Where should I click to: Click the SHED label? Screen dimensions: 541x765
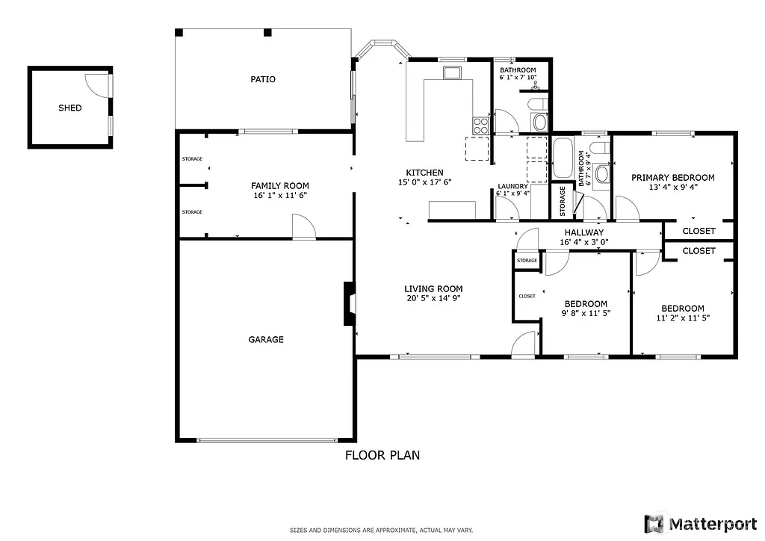click(x=69, y=108)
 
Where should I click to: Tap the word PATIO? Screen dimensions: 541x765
click(x=262, y=79)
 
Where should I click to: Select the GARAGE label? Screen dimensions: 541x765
click(x=266, y=339)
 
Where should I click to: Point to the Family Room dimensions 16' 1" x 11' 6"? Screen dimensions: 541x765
click(x=279, y=195)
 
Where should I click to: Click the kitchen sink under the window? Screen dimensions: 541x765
click(x=452, y=72)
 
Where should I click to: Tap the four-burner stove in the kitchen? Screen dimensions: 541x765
click(x=480, y=125)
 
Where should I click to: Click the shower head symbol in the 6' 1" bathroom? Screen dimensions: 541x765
click(x=534, y=87)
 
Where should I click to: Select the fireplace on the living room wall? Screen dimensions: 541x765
click(x=349, y=303)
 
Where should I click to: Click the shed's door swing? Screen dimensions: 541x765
click(x=97, y=84)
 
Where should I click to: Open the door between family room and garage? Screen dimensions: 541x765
click(x=303, y=226)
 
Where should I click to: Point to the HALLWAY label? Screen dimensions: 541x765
click(x=583, y=232)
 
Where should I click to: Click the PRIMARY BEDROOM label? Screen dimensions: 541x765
click(x=672, y=178)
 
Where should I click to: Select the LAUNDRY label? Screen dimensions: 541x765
click(x=512, y=187)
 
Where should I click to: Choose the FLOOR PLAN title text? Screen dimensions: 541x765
click(x=382, y=454)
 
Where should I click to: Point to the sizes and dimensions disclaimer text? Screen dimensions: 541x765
click(x=382, y=530)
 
